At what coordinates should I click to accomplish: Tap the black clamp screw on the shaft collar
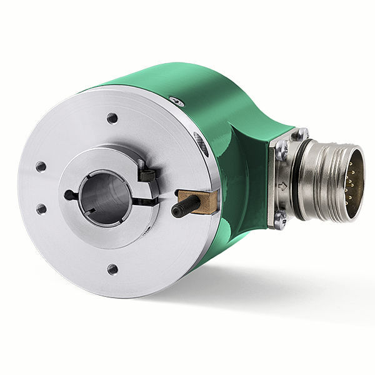point(146,174)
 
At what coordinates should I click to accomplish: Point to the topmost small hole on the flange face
point(112,117)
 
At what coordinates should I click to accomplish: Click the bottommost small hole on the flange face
point(112,269)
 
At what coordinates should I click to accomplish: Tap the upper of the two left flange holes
point(41,167)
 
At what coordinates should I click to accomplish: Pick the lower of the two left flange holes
point(41,209)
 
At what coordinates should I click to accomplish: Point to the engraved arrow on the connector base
point(282,186)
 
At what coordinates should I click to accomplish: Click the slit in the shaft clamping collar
point(145,201)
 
